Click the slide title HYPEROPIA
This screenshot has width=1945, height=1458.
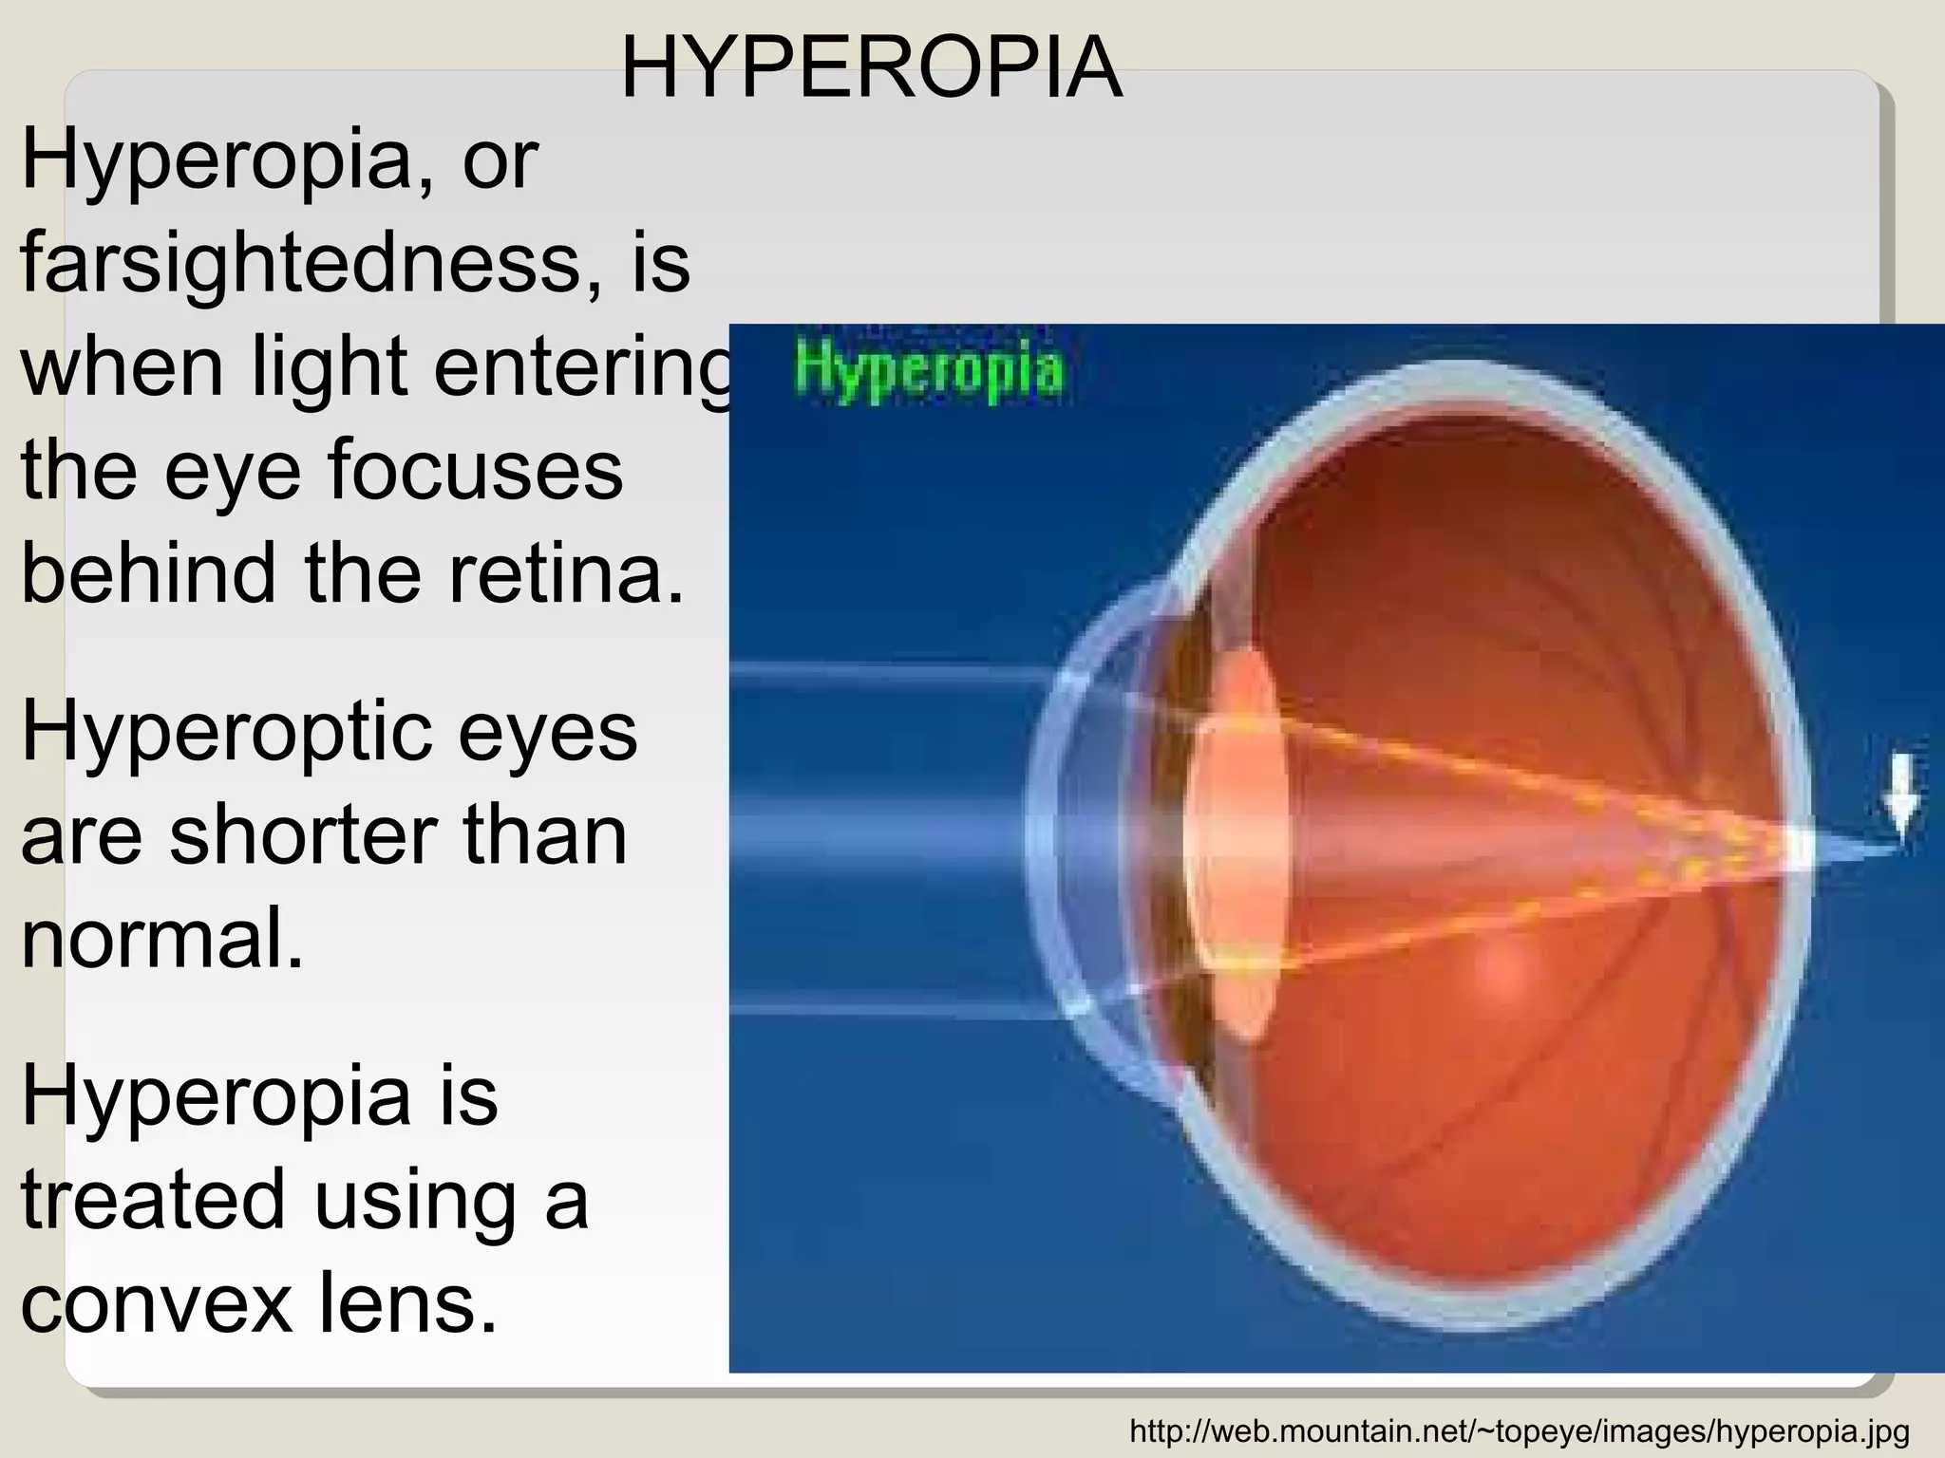click(871, 67)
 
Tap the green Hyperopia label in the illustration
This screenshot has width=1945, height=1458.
click(929, 371)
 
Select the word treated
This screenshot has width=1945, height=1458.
click(153, 1198)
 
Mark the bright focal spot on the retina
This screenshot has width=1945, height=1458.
click(1798, 848)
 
